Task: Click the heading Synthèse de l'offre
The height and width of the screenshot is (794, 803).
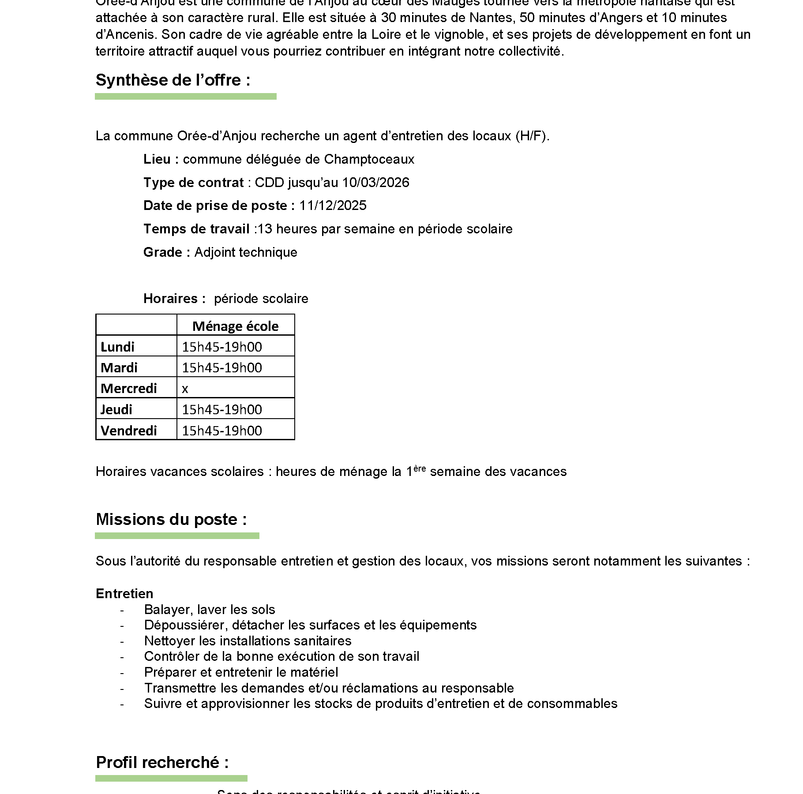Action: point(173,80)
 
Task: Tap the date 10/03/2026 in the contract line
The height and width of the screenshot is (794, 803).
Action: point(375,183)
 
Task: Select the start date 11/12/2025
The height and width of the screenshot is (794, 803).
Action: point(333,206)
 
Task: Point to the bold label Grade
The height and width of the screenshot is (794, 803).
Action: point(163,252)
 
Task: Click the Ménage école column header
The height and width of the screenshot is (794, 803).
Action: point(235,326)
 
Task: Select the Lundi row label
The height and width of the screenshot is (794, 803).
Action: point(117,347)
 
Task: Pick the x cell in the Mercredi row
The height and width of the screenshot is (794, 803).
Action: point(185,389)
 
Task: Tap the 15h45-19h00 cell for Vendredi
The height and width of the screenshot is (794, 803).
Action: point(222,431)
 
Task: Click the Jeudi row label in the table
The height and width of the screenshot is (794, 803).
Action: point(116,409)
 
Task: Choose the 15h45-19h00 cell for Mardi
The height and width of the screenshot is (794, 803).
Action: point(222,367)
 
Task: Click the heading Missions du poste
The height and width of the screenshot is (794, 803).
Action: point(171,520)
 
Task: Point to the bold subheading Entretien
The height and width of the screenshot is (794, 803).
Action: point(124,594)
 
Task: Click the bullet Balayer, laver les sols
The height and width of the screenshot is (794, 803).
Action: point(210,610)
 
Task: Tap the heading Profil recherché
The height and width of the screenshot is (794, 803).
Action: point(162,763)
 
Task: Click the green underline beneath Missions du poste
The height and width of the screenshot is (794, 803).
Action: point(177,536)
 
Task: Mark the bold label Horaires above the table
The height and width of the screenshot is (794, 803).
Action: point(170,299)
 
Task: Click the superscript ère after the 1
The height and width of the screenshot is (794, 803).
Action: point(420,468)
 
